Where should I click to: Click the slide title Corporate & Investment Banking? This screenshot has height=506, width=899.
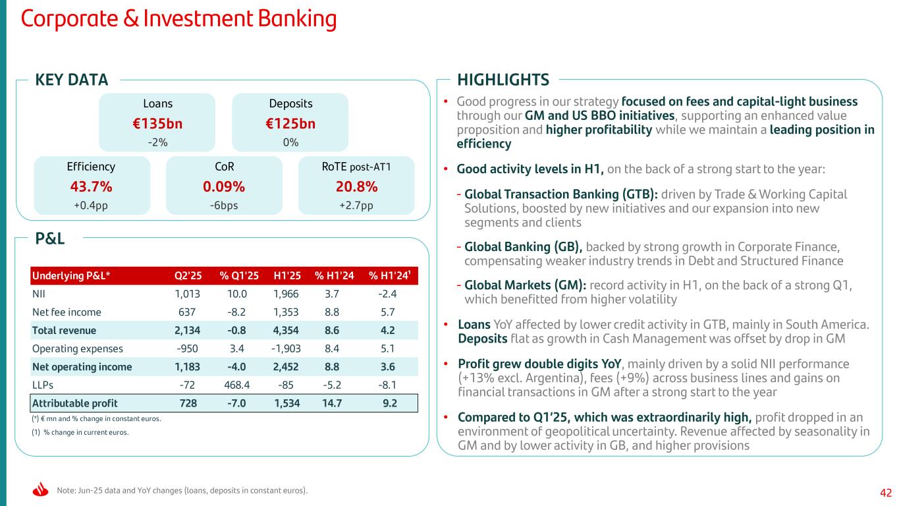pos(178,19)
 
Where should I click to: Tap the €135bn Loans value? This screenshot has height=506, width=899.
pos(157,123)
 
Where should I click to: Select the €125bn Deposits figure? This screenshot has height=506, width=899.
pos(290,123)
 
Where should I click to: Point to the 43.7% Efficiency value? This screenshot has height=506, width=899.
pos(92,186)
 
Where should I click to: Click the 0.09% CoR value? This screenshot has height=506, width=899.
pos(224,186)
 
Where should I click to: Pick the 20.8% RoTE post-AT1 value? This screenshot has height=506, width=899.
pos(356,186)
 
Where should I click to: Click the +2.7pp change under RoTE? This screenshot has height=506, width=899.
pos(356,205)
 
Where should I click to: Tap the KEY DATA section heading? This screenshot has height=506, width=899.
pos(72,80)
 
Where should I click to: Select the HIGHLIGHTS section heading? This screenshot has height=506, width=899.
pos(503,80)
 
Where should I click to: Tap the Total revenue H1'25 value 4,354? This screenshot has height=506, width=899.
pos(288,330)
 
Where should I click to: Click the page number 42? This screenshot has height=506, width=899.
pos(886,492)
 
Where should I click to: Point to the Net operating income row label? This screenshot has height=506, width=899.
pos(82,367)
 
